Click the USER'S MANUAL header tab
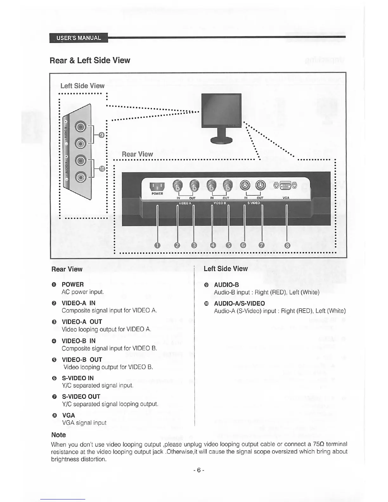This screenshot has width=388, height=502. tap(79, 38)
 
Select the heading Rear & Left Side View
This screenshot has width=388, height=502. tap(90, 61)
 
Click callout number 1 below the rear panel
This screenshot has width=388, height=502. tap(157, 245)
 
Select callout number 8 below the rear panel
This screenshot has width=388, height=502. tap(288, 245)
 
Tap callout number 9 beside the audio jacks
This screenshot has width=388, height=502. tap(101, 135)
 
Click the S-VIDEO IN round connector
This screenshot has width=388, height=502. tap(245, 185)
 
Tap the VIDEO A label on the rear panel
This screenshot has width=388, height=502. tap(185, 203)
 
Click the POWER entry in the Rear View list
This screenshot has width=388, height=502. tap(73, 285)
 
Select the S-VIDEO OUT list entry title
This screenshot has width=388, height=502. tap(81, 396)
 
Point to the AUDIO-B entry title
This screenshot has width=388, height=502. tap(226, 285)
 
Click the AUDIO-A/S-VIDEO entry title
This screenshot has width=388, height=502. tap(239, 304)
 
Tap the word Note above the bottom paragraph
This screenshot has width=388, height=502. tap(59, 435)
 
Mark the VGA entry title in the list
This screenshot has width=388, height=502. tap(68, 415)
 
